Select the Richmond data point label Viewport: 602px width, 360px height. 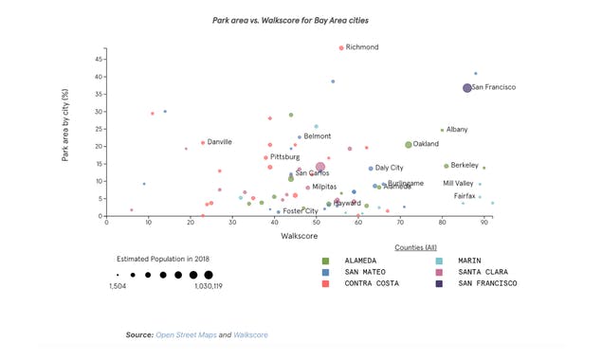click(x=362, y=47)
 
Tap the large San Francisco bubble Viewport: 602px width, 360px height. click(x=467, y=88)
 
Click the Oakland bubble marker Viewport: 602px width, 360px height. click(x=409, y=145)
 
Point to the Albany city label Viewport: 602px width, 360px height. click(x=457, y=130)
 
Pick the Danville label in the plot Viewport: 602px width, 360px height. click(x=219, y=142)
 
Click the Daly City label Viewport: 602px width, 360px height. click(x=389, y=168)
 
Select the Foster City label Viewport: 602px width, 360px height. click(x=301, y=211)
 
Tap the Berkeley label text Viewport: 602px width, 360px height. click(x=465, y=166)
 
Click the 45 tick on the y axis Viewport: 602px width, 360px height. click(x=99, y=59)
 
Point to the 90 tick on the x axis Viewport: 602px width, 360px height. click(x=484, y=224)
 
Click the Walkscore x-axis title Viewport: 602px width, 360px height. click(x=299, y=236)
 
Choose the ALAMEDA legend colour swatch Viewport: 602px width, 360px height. click(x=326, y=261)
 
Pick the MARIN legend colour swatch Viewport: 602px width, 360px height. click(x=439, y=261)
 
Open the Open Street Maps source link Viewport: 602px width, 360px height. click(x=186, y=335)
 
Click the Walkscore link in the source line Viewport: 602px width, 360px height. click(x=250, y=335)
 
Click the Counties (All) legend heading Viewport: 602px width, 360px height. click(x=416, y=247)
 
